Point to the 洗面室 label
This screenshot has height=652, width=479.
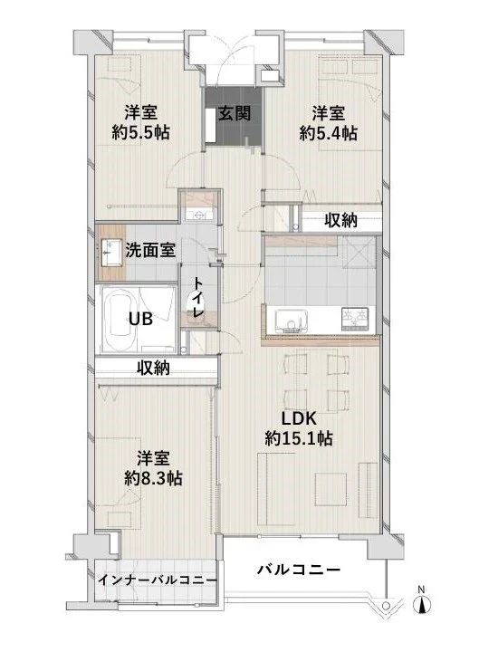pos(152,249)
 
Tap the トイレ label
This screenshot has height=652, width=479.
pos(196,298)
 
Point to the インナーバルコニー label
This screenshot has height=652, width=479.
pos(157,580)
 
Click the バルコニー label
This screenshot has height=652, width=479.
pos(298,570)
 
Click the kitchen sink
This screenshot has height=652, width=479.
pos(290,320)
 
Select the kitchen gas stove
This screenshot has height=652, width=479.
pos(354,320)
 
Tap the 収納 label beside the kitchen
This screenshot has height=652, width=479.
pos(341,220)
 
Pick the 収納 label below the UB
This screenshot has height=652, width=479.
pos(153,368)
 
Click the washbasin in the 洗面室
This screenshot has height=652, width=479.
pos(113,250)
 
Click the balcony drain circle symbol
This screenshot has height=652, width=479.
pos(387,604)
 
